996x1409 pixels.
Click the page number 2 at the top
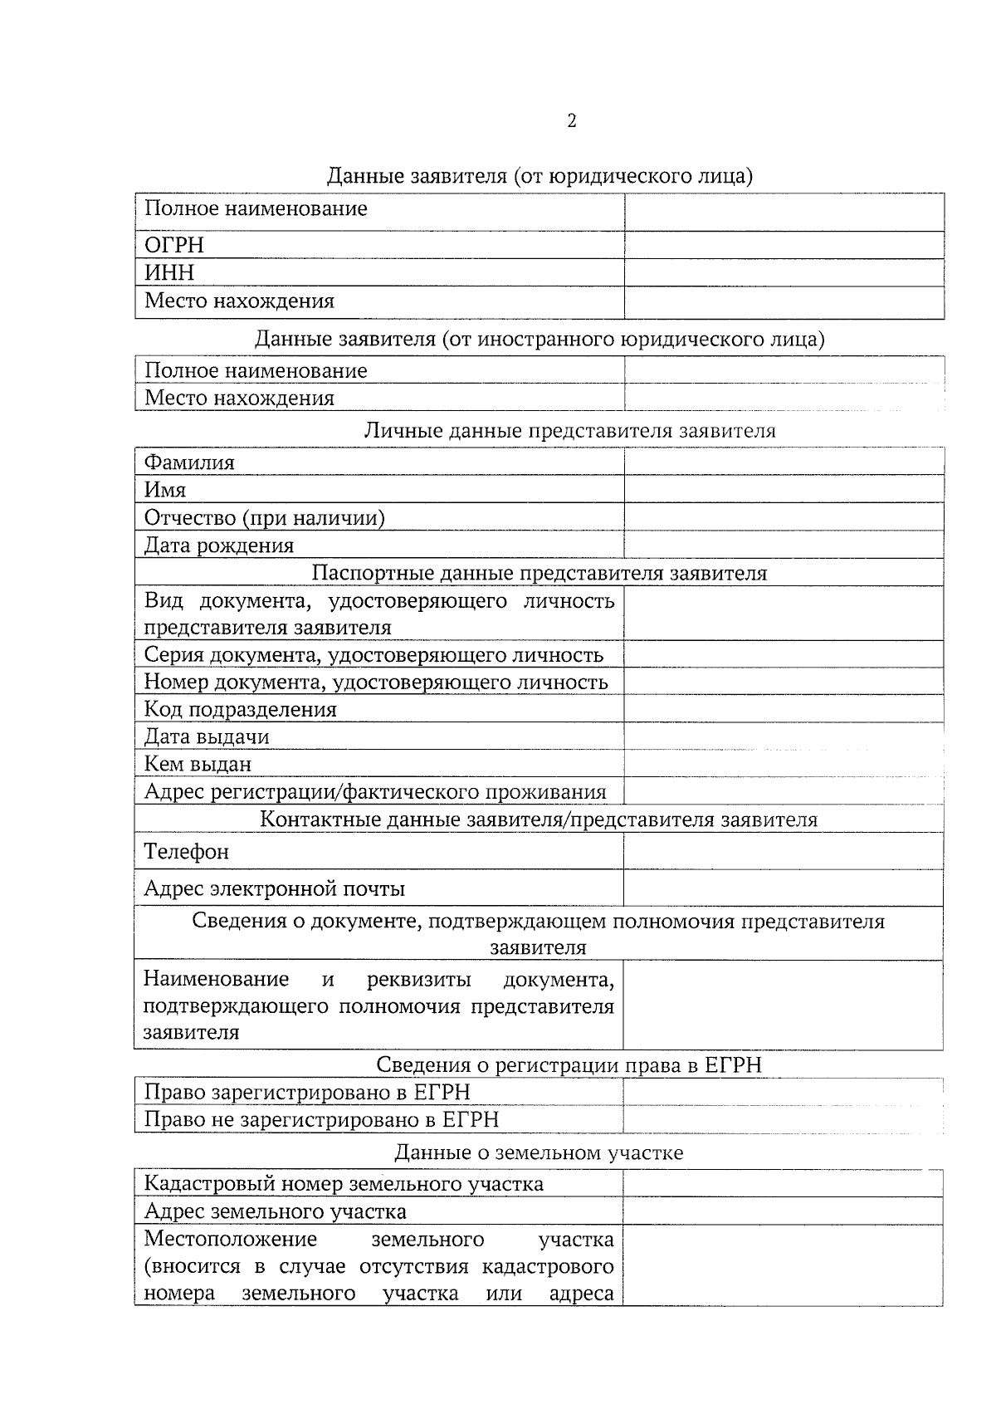tap(572, 121)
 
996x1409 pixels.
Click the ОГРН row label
tap(173, 245)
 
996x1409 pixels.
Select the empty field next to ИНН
tap(784, 272)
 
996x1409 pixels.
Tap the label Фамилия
tap(189, 462)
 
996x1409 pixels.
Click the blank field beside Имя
tap(784, 490)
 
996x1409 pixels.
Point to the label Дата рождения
tap(219, 545)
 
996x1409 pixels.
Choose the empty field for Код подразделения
tap(784, 709)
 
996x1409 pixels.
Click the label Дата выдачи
tap(207, 736)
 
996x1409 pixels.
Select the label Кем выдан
tap(198, 764)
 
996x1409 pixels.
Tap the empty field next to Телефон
tap(784, 851)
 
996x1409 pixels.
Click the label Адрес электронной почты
tap(275, 889)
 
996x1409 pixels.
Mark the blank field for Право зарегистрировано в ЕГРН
tap(784, 1092)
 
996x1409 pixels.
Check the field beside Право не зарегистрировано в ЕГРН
tap(784, 1119)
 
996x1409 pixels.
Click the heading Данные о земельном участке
tap(539, 1152)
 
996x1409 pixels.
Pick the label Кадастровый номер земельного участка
tap(344, 1183)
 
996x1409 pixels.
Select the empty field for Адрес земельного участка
tap(784, 1211)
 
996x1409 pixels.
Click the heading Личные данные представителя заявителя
tap(569, 430)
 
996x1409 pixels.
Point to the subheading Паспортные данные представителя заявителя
tap(539, 573)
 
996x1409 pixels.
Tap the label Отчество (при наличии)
tap(264, 518)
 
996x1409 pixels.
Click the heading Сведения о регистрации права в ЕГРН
tap(569, 1064)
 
